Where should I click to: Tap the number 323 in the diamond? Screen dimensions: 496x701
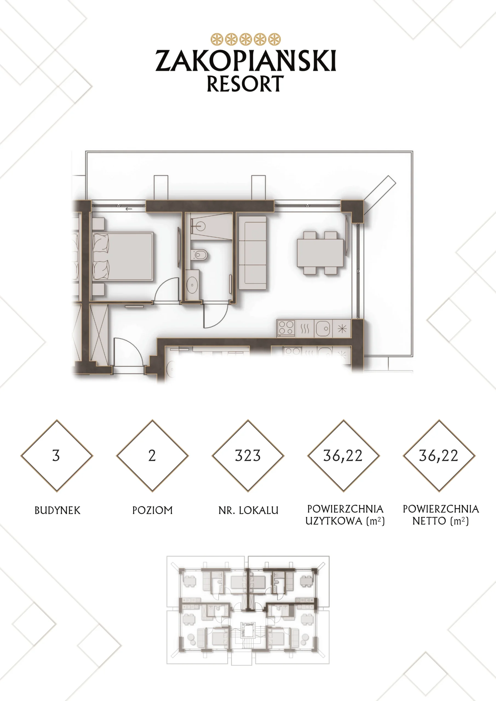pos(248,456)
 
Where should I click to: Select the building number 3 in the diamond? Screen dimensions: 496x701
pos(56,456)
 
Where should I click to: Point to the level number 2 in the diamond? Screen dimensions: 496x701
pos(152,456)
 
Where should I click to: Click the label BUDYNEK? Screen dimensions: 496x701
pos(58,510)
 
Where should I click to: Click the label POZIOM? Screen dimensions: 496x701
pos(152,510)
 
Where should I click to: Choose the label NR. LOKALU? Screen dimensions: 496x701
pos(248,510)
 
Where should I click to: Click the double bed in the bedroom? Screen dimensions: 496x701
pos(123,257)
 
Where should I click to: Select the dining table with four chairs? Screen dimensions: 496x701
pos(320,253)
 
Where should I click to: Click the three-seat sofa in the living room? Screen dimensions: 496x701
pos(252,253)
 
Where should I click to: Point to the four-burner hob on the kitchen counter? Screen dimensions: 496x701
pos(286,328)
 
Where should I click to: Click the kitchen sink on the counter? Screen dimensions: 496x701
pos(323,329)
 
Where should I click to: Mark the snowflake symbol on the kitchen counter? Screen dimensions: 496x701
pos(342,329)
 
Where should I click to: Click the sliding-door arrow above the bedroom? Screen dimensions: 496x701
pos(128,209)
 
